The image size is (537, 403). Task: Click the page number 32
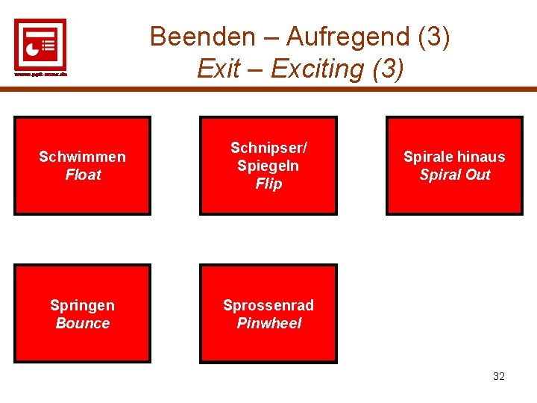click(499, 376)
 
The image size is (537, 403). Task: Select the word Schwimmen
click(82, 157)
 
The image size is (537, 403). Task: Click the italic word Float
click(83, 175)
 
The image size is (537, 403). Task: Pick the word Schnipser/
click(268, 148)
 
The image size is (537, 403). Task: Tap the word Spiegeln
click(268, 166)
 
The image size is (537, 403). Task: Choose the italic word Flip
click(268, 184)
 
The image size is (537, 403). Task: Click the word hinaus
click(480, 157)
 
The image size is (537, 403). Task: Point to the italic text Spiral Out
click(454, 175)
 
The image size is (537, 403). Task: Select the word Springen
click(82, 305)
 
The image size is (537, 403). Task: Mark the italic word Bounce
click(83, 323)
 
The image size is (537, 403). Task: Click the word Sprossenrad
click(268, 305)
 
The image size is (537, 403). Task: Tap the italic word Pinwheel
click(268, 323)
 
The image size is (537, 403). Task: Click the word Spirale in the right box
click(427, 157)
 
